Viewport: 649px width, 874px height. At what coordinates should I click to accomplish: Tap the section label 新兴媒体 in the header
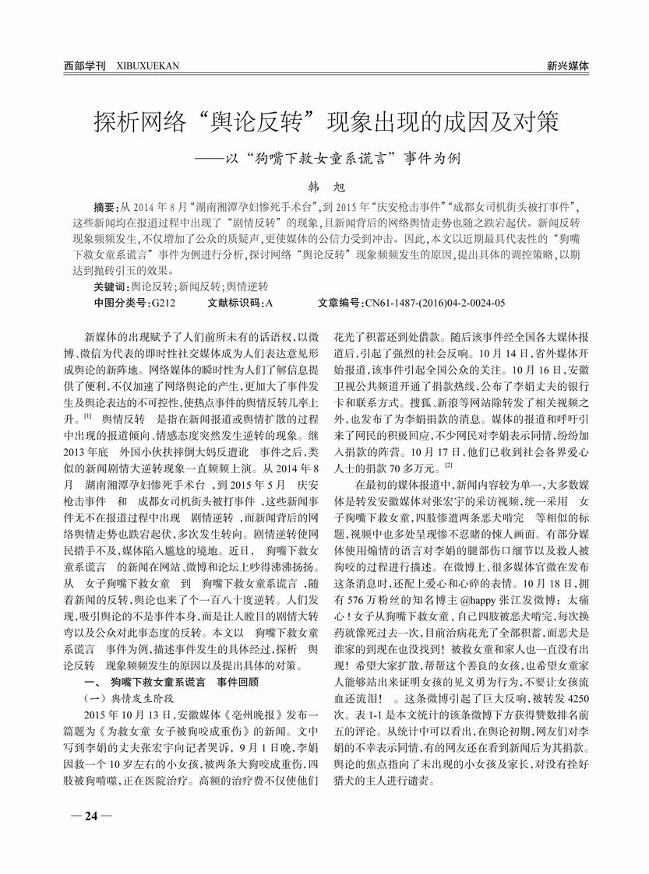coord(567,67)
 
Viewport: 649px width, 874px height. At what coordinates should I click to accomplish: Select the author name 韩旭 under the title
coord(323,187)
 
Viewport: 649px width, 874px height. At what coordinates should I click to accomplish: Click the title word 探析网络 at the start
coord(141,122)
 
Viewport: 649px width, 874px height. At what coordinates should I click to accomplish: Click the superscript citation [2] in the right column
coord(449,465)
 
